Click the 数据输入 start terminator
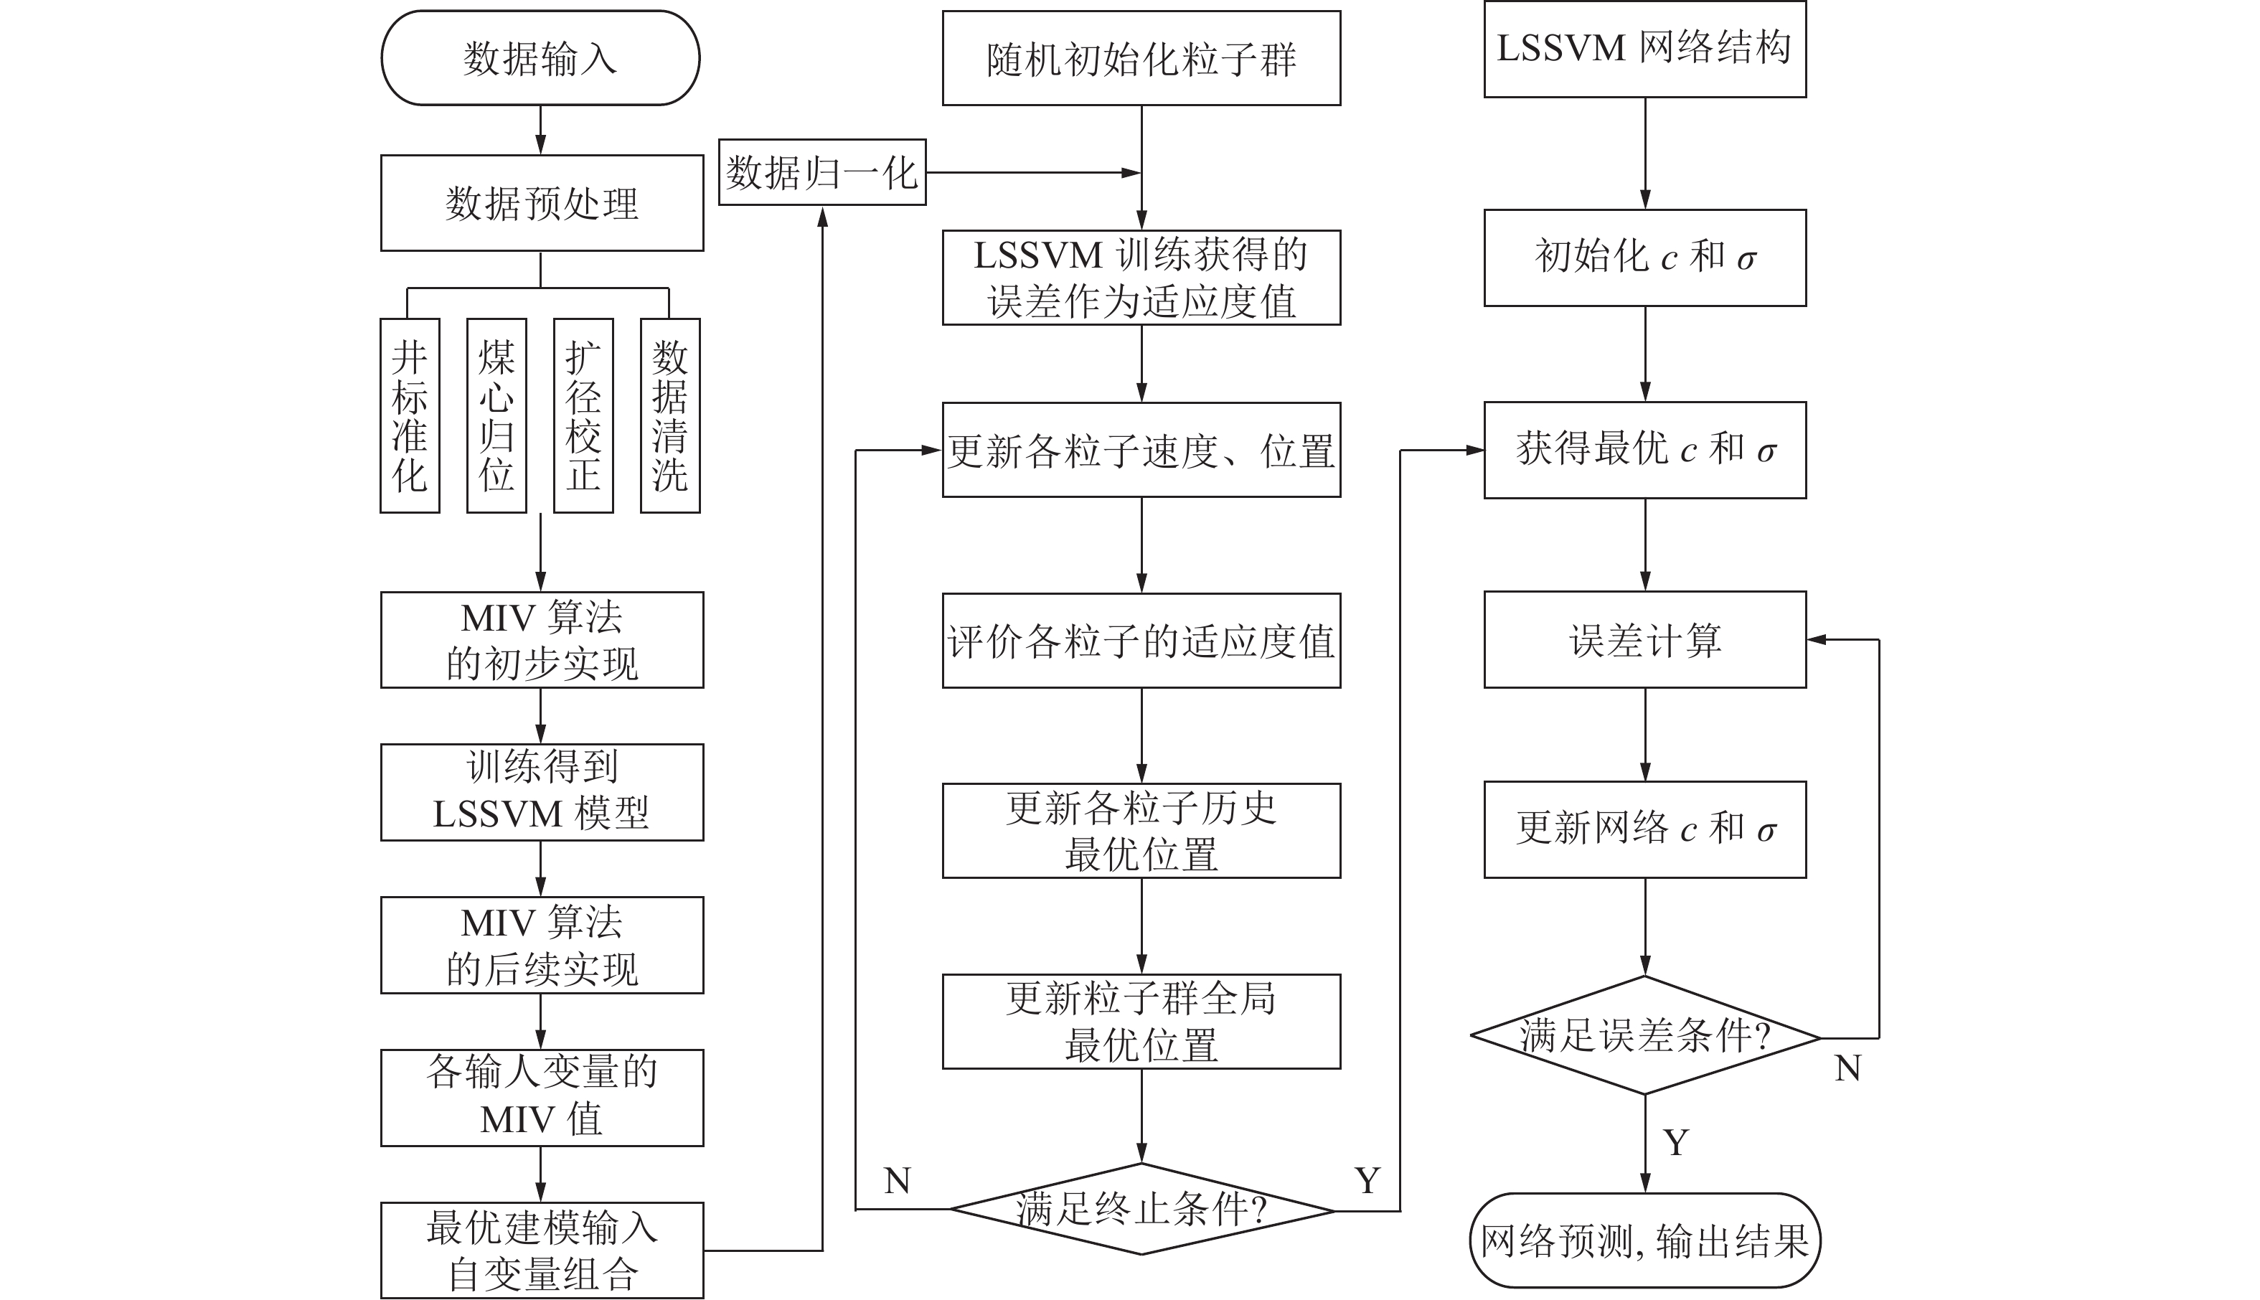(x=540, y=59)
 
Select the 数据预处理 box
(x=541, y=204)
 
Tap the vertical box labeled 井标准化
(x=410, y=416)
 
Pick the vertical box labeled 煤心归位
(x=496, y=416)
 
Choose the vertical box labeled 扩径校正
(x=583, y=416)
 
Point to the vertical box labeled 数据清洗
(x=669, y=416)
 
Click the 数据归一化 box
(x=821, y=172)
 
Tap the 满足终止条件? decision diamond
(x=1141, y=1210)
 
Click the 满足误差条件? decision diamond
(x=1644, y=1036)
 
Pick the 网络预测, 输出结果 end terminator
(x=1644, y=1241)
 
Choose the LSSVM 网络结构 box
(x=1644, y=49)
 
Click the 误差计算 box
(x=1644, y=640)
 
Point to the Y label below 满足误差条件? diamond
(x=1676, y=1143)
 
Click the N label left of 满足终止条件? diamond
(x=897, y=1181)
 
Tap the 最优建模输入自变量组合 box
(x=541, y=1250)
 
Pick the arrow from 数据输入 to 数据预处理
(x=540, y=131)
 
